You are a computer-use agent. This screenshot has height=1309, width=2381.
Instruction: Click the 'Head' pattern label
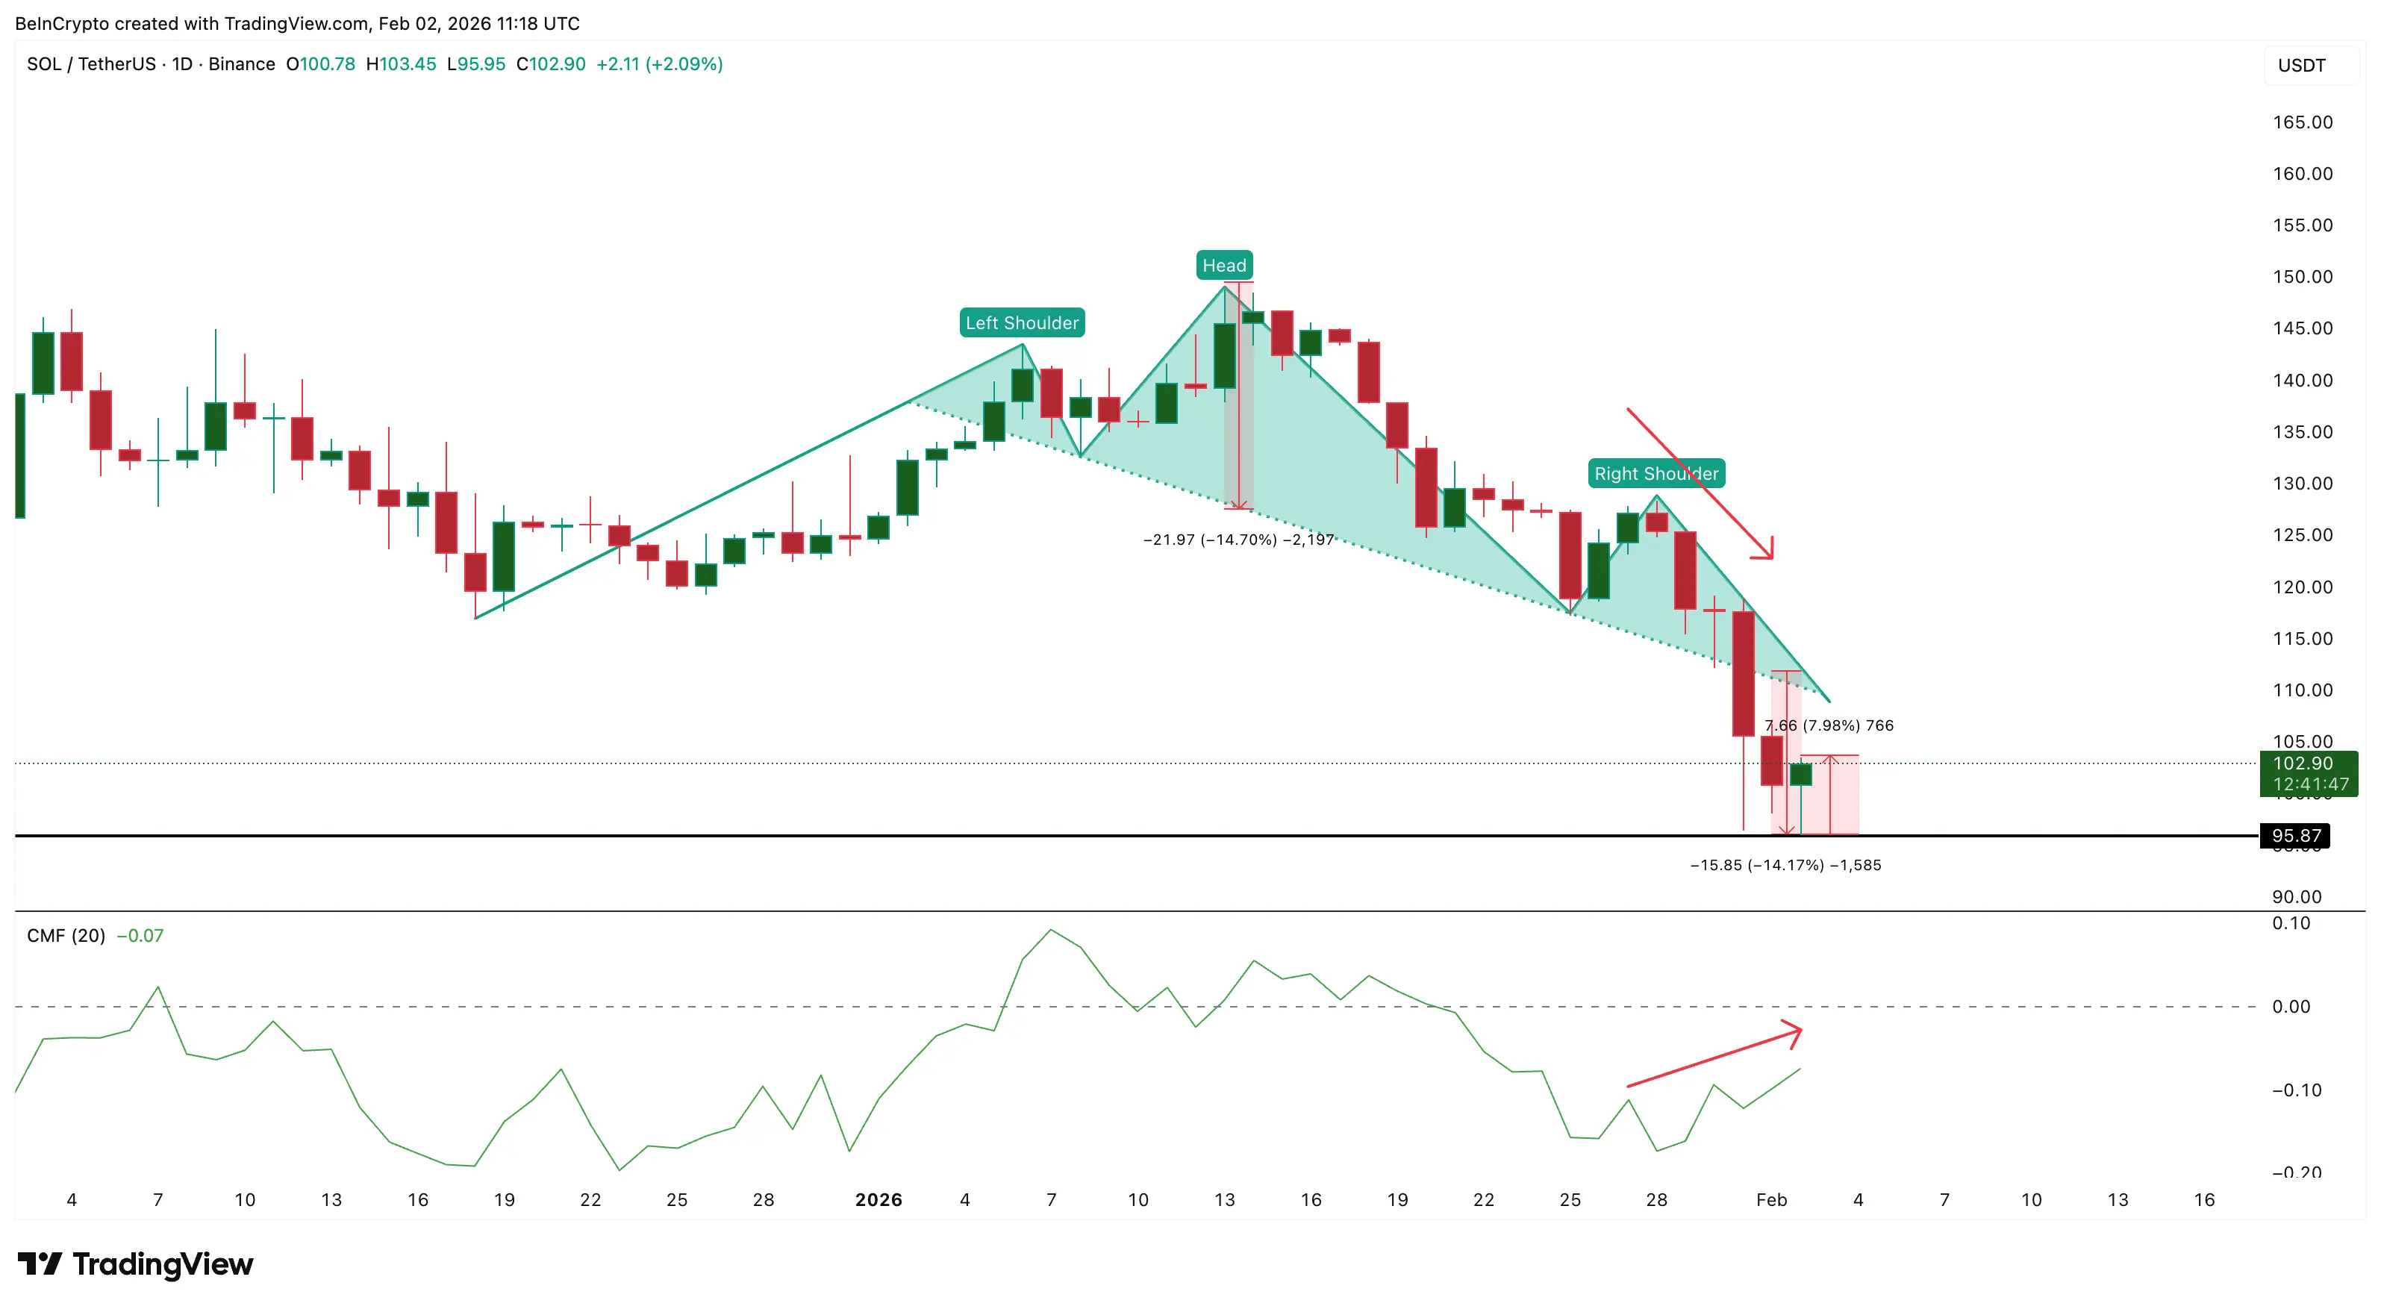click(1224, 266)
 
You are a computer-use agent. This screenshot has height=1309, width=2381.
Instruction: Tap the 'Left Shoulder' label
click(1021, 322)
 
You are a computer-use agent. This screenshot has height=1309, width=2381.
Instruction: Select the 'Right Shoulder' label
click(1656, 473)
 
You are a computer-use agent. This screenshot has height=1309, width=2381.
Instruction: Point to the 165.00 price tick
click(2302, 122)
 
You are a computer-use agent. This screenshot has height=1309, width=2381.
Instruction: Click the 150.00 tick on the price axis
click(2302, 276)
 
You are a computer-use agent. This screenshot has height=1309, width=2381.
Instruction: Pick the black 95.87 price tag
click(2295, 836)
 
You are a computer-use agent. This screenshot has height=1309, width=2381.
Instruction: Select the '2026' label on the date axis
click(878, 1199)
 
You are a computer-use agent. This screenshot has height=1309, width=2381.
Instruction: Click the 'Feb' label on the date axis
click(1771, 1199)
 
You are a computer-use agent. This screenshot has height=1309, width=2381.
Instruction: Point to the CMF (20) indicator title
click(66, 936)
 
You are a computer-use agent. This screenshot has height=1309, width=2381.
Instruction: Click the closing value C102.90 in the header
click(551, 63)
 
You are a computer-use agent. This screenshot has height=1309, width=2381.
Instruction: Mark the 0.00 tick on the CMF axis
click(2291, 1007)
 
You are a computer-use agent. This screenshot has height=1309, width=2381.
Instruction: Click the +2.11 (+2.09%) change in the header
click(659, 63)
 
